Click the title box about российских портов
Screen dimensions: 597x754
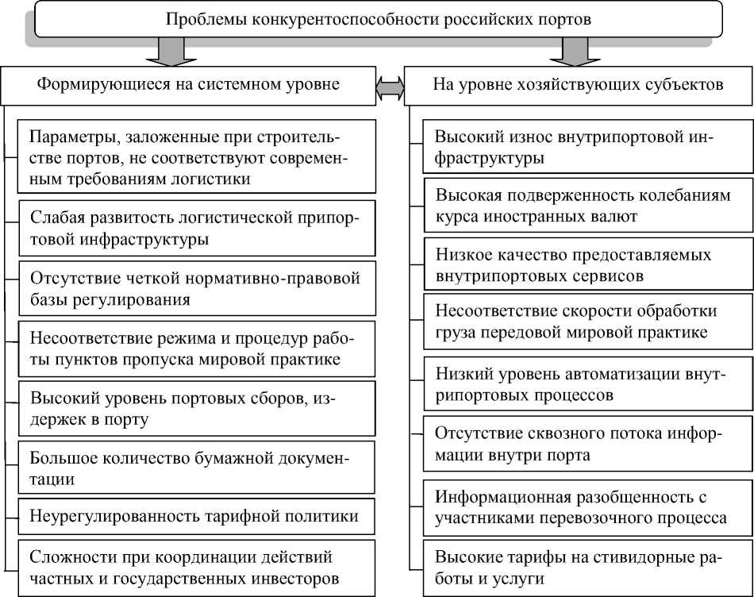378,20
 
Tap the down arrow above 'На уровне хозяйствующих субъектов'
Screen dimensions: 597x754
577,52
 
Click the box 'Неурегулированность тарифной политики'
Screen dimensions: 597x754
195,517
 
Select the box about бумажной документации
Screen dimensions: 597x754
195,468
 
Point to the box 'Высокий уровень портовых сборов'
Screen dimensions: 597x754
195,407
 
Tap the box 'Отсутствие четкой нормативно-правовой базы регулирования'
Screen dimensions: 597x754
195,289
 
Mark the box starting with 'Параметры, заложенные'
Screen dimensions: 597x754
195,156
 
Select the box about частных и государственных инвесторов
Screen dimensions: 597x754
195,566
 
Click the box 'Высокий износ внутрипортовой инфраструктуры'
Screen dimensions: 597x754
587,147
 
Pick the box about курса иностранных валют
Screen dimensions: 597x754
587,206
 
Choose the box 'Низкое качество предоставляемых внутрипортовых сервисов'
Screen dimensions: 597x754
587,265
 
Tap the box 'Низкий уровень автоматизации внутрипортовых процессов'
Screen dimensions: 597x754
587,383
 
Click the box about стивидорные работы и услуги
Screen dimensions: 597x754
587,568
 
